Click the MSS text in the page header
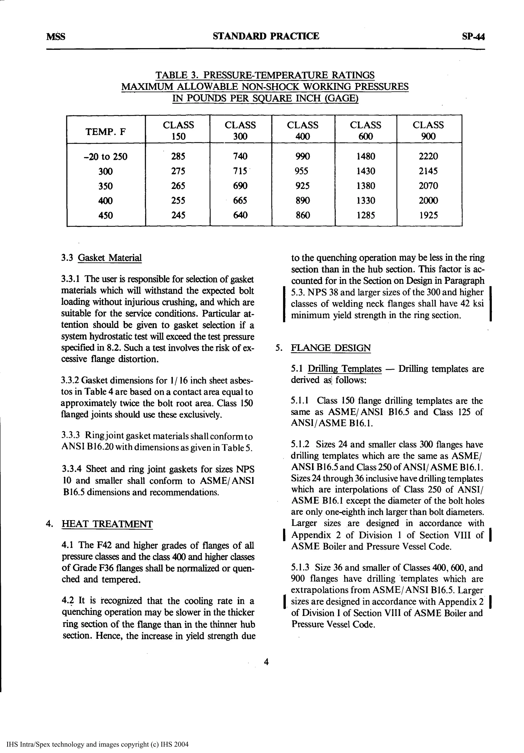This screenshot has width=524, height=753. click(56, 36)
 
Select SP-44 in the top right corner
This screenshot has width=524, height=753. click(473, 36)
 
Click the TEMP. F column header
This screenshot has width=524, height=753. click(105, 132)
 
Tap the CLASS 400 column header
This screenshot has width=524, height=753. click(302, 130)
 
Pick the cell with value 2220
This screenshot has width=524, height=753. click(428, 156)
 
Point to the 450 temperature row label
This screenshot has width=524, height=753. click(105, 215)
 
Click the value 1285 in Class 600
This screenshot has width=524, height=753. click(365, 215)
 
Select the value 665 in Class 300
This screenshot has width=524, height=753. click(240, 200)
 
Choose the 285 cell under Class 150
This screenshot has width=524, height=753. click(178, 156)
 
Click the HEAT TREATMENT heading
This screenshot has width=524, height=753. click(107, 524)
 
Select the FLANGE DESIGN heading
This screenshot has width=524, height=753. click(331, 348)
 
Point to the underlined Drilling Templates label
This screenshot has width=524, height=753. click(345, 369)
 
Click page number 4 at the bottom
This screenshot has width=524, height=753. click(266, 662)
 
